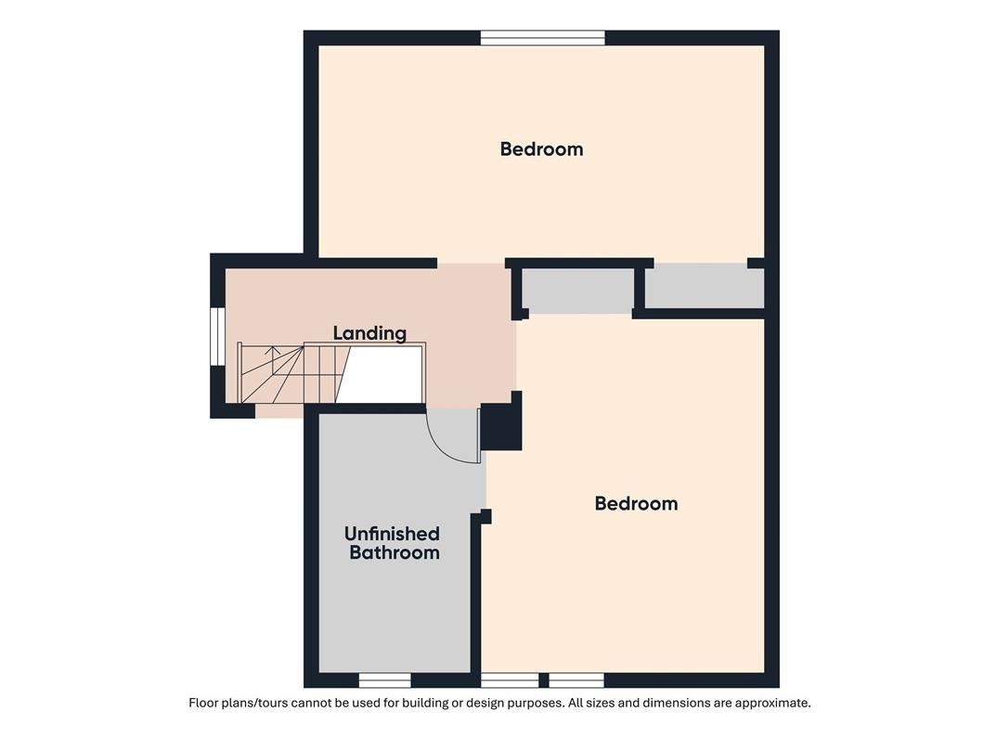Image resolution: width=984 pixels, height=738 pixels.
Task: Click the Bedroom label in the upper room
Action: coord(541,149)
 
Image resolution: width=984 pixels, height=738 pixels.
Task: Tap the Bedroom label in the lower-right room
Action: coord(636,503)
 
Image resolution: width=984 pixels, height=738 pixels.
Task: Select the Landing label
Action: coord(369,333)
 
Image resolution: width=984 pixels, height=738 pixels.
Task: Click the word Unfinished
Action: coord(393,534)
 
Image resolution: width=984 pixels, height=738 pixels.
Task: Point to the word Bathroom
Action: coord(395,552)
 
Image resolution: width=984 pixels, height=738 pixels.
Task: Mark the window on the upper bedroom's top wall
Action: coord(543,38)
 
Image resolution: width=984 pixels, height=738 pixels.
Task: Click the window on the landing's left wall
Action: coord(217,336)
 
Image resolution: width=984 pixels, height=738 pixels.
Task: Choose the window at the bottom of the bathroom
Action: coord(384,680)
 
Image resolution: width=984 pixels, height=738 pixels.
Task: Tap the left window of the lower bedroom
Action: coord(510,680)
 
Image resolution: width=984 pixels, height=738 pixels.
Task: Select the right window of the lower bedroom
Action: coord(576,680)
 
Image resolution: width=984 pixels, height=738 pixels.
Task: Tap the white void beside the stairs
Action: coord(382,375)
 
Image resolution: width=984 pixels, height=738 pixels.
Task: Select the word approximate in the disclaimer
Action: coord(772,703)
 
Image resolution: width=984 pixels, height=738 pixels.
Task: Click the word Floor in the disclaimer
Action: coord(203,703)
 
